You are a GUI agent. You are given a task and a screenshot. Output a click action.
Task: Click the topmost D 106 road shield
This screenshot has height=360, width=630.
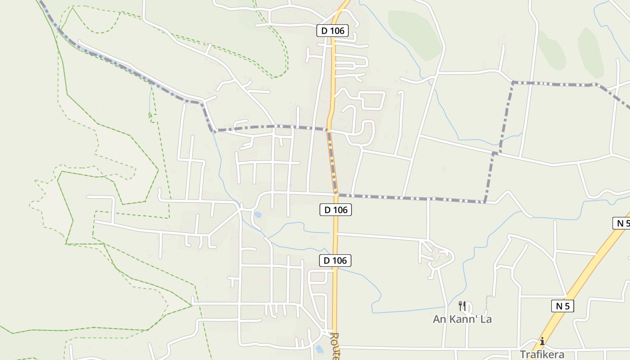[333, 31]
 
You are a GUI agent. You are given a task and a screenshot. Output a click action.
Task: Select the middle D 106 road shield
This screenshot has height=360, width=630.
[336, 210]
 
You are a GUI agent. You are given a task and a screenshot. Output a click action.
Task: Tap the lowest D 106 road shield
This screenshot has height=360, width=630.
[336, 261]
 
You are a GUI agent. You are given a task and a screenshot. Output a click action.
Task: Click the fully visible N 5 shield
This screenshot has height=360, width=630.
[562, 306]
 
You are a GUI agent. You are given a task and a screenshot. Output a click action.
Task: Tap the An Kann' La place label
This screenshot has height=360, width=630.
[462, 319]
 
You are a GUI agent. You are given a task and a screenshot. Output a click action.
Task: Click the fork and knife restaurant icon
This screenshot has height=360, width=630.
[462, 306]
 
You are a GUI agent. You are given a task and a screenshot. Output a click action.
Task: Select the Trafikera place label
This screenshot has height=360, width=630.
[542, 354]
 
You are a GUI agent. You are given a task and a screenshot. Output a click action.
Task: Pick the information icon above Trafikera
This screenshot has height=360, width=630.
[542, 341]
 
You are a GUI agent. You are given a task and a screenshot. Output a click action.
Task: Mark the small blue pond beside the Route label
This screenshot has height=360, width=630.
[319, 349]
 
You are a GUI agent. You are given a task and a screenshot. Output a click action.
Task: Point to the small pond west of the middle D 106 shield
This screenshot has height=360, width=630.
[258, 215]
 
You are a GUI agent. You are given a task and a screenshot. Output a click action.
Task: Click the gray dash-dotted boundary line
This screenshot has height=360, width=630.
[405, 198]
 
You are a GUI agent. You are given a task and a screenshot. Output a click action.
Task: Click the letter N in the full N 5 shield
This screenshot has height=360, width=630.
[559, 306]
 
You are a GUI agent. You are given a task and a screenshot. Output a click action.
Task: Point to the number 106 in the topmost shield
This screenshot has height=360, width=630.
[337, 31]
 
